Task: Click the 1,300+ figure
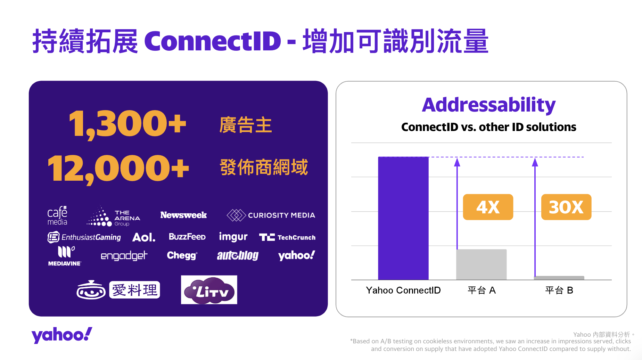pyautogui.click(x=127, y=124)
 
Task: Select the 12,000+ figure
pyautogui.click(x=118, y=169)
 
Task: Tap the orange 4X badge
pyautogui.click(x=488, y=207)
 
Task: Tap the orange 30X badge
pyautogui.click(x=566, y=207)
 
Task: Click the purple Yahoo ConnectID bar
pyautogui.click(x=403, y=218)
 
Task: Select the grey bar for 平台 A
pyautogui.click(x=481, y=264)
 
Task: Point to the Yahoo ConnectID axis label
pyautogui.click(x=403, y=290)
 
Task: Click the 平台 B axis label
pyautogui.click(x=559, y=290)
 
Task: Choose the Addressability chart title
pyautogui.click(x=489, y=105)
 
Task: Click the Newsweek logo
pyautogui.click(x=183, y=215)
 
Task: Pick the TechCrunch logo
pyautogui.click(x=287, y=237)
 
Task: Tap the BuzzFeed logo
pyautogui.click(x=187, y=237)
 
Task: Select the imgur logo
pyautogui.click(x=233, y=237)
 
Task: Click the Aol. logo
pyautogui.click(x=144, y=237)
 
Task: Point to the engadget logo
pyautogui.click(x=124, y=256)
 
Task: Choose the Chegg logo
pyautogui.click(x=182, y=255)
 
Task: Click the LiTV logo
pyautogui.click(x=209, y=290)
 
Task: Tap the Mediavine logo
pyautogui.click(x=65, y=256)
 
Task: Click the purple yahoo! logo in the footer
pyautogui.click(x=62, y=335)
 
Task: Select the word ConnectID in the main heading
pyautogui.click(x=213, y=41)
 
